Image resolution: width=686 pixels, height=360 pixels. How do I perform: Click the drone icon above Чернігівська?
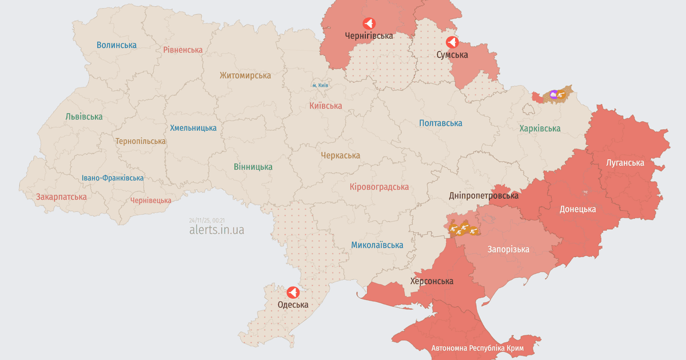[x=369, y=23]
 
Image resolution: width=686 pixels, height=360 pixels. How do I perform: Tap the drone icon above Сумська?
[x=452, y=42]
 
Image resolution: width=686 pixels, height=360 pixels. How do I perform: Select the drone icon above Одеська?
[x=293, y=293]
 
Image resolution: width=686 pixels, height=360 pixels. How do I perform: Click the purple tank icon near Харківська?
[x=553, y=94]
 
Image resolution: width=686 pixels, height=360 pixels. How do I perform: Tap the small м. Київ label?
[x=320, y=85]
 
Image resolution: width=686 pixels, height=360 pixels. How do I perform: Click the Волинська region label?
[x=117, y=45]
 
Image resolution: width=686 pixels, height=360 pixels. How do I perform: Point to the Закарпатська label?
[x=61, y=197]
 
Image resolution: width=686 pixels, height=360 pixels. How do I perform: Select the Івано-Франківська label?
[x=113, y=178]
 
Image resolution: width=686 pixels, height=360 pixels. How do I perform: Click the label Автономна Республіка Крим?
[x=478, y=348]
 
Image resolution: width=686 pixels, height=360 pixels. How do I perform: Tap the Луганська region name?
[x=625, y=162]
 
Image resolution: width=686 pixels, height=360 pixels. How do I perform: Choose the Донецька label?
[x=577, y=209]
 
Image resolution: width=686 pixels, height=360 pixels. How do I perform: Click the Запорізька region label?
[x=508, y=249]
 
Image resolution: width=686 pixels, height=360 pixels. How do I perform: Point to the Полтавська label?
[x=440, y=123]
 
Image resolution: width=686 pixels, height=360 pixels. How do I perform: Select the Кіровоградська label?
[x=379, y=187]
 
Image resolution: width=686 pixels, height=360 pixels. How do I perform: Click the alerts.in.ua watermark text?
[x=216, y=230]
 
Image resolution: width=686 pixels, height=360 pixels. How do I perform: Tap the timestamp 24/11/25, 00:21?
[x=206, y=220]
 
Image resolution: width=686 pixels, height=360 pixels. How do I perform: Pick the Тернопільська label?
[x=141, y=141]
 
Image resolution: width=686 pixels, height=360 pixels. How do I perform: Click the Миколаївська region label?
[x=377, y=245]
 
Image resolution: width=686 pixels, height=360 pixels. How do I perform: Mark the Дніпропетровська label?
[x=484, y=195]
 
